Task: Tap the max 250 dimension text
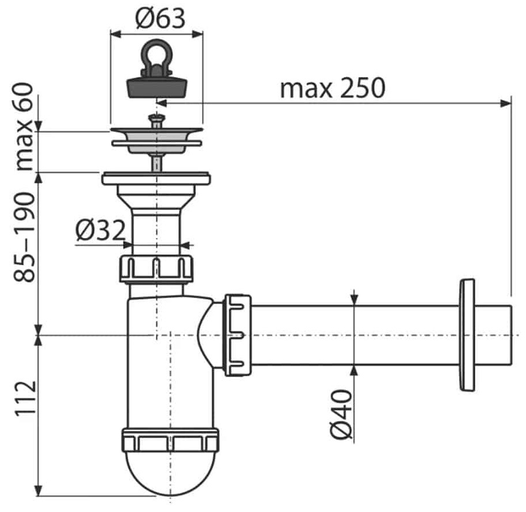pyautogui.click(x=333, y=88)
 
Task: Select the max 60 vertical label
pyautogui.click(x=24, y=127)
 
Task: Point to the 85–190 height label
pyautogui.click(x=24, y=236)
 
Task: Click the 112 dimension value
pyautogui.click(x=25, y=398)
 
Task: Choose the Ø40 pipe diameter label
pyautogui.click(x=341, y=414)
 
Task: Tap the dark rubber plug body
pyautogui.click(x=157, y=86)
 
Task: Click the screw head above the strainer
pyautogui.click(x=157, y=118)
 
